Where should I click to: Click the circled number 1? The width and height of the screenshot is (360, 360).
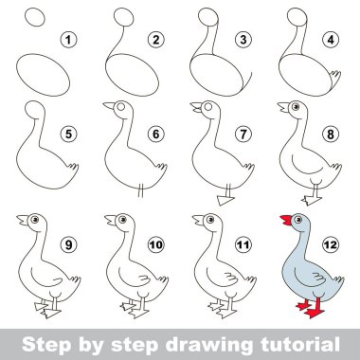[x=68, y=40]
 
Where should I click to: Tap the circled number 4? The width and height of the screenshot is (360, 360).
[x=331, y=40]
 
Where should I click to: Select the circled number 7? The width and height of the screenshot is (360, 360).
[x=243, y=135]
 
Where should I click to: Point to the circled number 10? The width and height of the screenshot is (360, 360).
[x=156, y=244]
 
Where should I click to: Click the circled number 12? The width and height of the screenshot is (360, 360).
[x=331, y=244]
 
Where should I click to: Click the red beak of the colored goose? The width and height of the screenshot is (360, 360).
[x=286, y=220]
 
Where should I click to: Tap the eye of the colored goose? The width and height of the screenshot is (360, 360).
[x=297, y=219]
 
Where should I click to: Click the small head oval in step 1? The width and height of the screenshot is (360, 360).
[x=35, y=17]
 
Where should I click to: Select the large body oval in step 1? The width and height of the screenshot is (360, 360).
[x=44, y=75]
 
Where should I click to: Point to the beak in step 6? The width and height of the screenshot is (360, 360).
[x=109, y=105]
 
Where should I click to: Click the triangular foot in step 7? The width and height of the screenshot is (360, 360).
[x=225, y=200]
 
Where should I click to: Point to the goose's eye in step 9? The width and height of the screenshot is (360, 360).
[x=34, y=219]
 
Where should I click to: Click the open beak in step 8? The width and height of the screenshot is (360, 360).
[x=283, y=107]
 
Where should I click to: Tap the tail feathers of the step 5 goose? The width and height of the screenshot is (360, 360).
[x=73, y=167]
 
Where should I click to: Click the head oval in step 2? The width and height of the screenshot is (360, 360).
[x=124, y=17]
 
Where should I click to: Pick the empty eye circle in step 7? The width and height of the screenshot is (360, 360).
[x=208, y=107]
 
